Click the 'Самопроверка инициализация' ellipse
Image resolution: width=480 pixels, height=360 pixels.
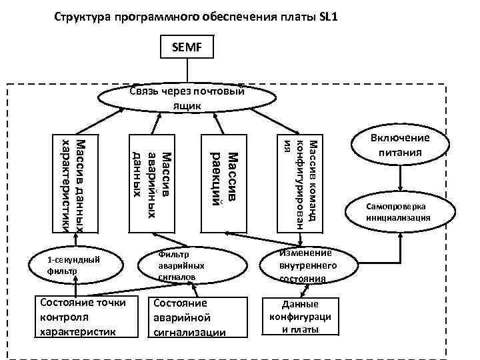pyautogui.click(x=401, y=212)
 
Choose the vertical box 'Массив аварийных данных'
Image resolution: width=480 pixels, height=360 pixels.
pyautogui.click(x=152, y=183)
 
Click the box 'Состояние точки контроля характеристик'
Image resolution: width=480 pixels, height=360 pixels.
pyautogui.click(x=78, y=316)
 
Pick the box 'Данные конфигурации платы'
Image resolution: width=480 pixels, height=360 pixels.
pyautogui.click(x=300, y=316)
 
